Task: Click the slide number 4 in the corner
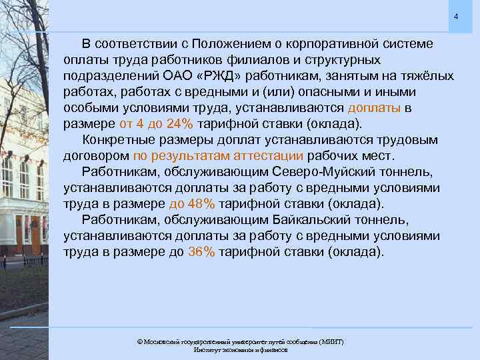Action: (x=457, y=16)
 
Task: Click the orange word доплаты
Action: (x=374, y=108)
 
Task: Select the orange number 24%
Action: (x=187, y=124)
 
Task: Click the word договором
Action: (x=96, y=156)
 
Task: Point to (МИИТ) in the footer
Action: (x=329, y=341)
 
